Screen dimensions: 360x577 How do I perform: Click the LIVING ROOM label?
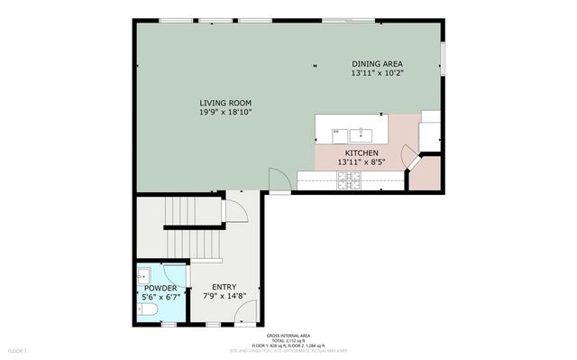[225, 103]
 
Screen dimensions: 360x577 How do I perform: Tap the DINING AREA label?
[377, 63]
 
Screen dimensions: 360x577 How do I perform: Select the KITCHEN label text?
[361, 154]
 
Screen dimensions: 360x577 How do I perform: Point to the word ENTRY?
[224, 287]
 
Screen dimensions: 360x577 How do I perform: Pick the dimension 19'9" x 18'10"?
[225, 112]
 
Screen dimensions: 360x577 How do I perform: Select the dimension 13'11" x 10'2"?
[377, 72]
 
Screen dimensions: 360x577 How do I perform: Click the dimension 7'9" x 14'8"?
[224, 295]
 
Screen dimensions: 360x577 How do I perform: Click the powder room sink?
[144, 273]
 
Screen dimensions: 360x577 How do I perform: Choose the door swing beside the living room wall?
[280, 180]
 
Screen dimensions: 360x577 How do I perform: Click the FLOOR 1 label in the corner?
[19, 349]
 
